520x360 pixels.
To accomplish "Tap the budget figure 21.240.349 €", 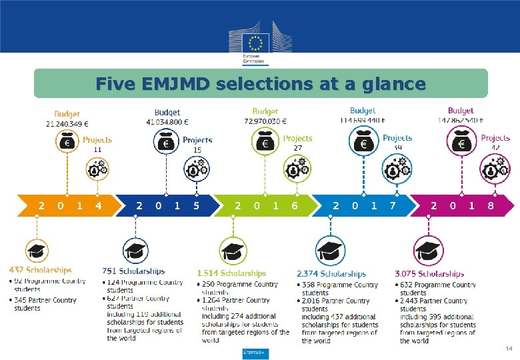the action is [x=67, y=123].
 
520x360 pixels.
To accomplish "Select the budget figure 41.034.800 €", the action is [x=167, y=122].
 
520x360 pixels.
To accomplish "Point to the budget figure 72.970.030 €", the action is [x=265, y=121].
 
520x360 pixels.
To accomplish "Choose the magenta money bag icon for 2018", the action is [x=460, y=142].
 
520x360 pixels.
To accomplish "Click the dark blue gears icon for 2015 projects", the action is [x=197, y=169].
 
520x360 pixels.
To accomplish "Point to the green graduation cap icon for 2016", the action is [x=232, y=251].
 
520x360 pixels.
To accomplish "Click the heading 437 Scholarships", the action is [x=40, y=270].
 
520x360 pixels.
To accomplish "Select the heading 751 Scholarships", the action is [x=133, y=271].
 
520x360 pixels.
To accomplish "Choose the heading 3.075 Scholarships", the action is [x=429, y=273].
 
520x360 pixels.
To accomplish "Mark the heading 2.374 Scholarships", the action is [x=331, y=273].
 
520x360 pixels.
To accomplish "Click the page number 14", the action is [x=509, y=349].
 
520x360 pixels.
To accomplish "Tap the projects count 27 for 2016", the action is [x=298, y=147].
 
